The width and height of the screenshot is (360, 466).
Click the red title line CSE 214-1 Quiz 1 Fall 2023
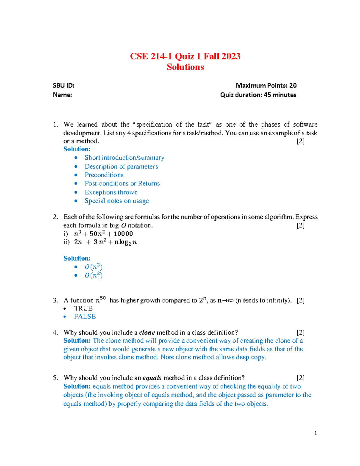[x=185, y=56]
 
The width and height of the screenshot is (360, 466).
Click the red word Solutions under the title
[x=185, y=67]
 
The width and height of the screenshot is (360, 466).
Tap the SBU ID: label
[x=64, y=86]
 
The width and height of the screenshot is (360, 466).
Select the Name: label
[x=62, y=95]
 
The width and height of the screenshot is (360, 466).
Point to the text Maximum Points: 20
[x=266, y=86]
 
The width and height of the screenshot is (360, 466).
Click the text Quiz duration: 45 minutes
[x=258, y=95]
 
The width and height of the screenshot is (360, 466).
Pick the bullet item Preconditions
[x=104, y=175]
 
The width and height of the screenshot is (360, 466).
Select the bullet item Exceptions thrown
[x=111, y=192]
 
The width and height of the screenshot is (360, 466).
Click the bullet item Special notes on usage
[x=116, y=201]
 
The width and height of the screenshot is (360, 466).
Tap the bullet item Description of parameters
[x=121, y=167]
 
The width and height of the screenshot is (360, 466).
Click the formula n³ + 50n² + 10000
[x=103, y=234]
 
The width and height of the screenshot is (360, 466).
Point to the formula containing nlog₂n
[x=105, y=242]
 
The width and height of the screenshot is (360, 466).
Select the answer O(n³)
[x=93, y=267]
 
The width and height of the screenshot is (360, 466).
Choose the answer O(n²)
[x=93, y=275]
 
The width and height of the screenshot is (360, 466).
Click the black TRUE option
[x=83, y=308]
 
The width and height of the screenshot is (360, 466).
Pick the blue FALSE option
[x=85, y=317]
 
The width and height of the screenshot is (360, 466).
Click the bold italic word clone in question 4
[x=147, y=332]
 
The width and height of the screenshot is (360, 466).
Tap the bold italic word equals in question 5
[x=152, y=378]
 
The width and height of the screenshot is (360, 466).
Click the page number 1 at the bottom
[x=315, y=433]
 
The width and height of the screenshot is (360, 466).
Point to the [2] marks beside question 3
[x=300, y=300]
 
